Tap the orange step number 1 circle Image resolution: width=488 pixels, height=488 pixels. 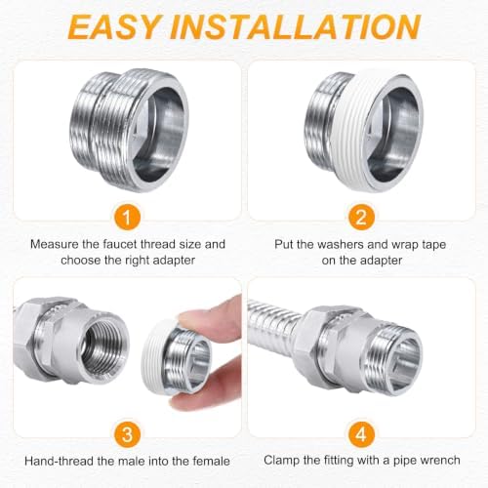click(x=127, y=217)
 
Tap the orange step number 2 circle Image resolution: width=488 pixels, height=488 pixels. click(x=361, y=217)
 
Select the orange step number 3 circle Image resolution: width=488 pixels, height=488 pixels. click(x=127, y=434)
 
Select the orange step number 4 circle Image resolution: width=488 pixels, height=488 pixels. click(x=361, y=434)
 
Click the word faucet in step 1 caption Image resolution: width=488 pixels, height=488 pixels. click(x=121, y=244)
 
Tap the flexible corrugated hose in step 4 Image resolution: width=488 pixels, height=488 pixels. click(x=271, y=324)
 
